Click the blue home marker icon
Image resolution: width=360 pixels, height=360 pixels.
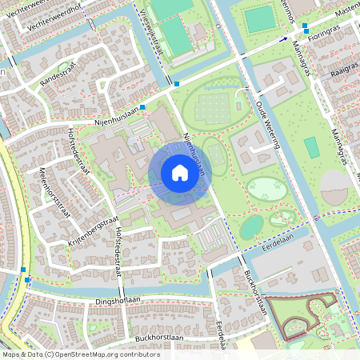point(179,172)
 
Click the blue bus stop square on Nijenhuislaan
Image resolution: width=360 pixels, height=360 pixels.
point(142,106)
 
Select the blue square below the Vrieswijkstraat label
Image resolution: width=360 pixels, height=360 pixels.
point(176,83)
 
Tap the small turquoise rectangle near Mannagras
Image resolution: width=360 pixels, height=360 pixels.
point(310,147)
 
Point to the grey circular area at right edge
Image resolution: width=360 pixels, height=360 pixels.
point(335,189)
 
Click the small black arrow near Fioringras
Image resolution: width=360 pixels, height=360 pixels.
point(284,38)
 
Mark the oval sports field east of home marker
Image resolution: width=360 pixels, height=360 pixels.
point(214,152)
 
